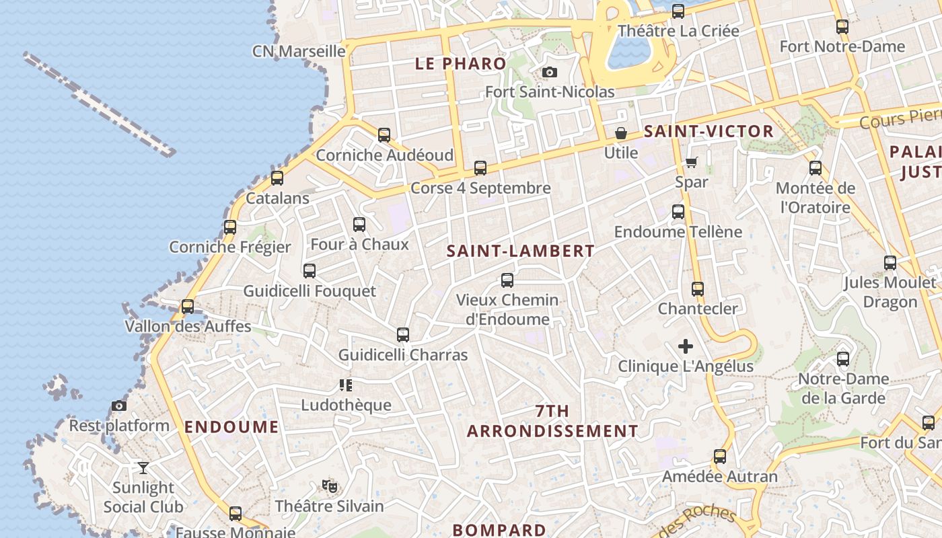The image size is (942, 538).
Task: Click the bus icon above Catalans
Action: pyautogui.click(x=277, y=178)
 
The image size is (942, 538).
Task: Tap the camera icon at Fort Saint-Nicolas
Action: pyautogui.click(x=550, y=72)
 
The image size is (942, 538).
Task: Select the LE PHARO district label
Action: pyautogui.click(x=461, y=64)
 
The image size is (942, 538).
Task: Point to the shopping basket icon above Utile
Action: pyautogui.click(x=620, y=133)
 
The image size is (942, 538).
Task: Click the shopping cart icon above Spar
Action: pyautogui.click(x=691, y=162)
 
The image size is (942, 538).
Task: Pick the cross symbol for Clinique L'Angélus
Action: pyautogui.click(x=686, y=346)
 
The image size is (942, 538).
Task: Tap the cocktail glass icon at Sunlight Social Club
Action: pyautogui.click(x=143, y=467)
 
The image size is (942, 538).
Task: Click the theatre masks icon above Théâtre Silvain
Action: pyautogui.click(x=328, y=486)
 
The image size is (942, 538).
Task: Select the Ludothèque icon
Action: pyautogui.click(x=346, y=385)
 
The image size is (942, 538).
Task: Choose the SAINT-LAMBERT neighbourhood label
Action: pyautogui.click(x=521, y=252)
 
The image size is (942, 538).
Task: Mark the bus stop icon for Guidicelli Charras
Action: pyautogui.click(x=402, y=334)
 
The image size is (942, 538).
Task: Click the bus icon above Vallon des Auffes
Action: pyautogui.click(x=188, y=307)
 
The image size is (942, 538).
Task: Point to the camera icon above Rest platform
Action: pyautogui.click(x=119, y=406)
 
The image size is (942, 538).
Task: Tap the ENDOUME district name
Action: pyautogui.click(x=231, y=427)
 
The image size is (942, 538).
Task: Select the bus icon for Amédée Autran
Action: pyautogui.click(x=720, y=457)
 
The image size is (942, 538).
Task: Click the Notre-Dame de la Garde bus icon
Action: pyautogui.click(x=843, y=359)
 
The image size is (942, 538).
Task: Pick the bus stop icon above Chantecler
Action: pyautogui.click(x=698, y=289)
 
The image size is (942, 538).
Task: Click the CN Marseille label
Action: pyautogui.click(x=299, y=51)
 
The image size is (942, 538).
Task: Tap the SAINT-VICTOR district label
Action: pyautogui.click(x=709, y=131)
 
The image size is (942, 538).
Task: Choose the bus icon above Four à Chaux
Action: pyautogui.click(x=359, y=225)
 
